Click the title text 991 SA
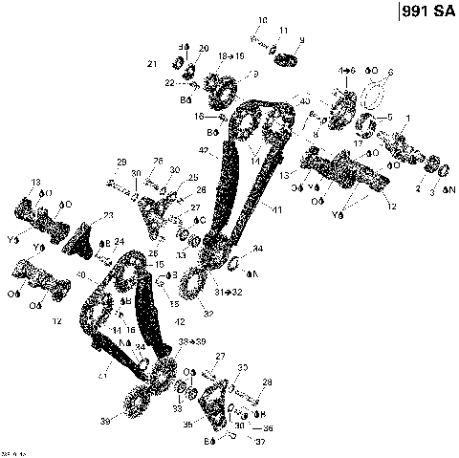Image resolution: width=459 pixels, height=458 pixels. pos(426,14)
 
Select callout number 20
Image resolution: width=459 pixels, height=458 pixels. pos(203,48)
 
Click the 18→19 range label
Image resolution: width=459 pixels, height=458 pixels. pos(232,57)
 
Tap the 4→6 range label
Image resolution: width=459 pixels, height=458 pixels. pos(346,71)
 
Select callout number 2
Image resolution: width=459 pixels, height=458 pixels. pos(417,189)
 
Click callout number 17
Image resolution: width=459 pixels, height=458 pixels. pos(357,143)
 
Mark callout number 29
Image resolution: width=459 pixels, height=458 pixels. pos(121,160)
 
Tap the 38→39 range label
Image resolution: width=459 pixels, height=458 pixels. pos(190,341)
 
